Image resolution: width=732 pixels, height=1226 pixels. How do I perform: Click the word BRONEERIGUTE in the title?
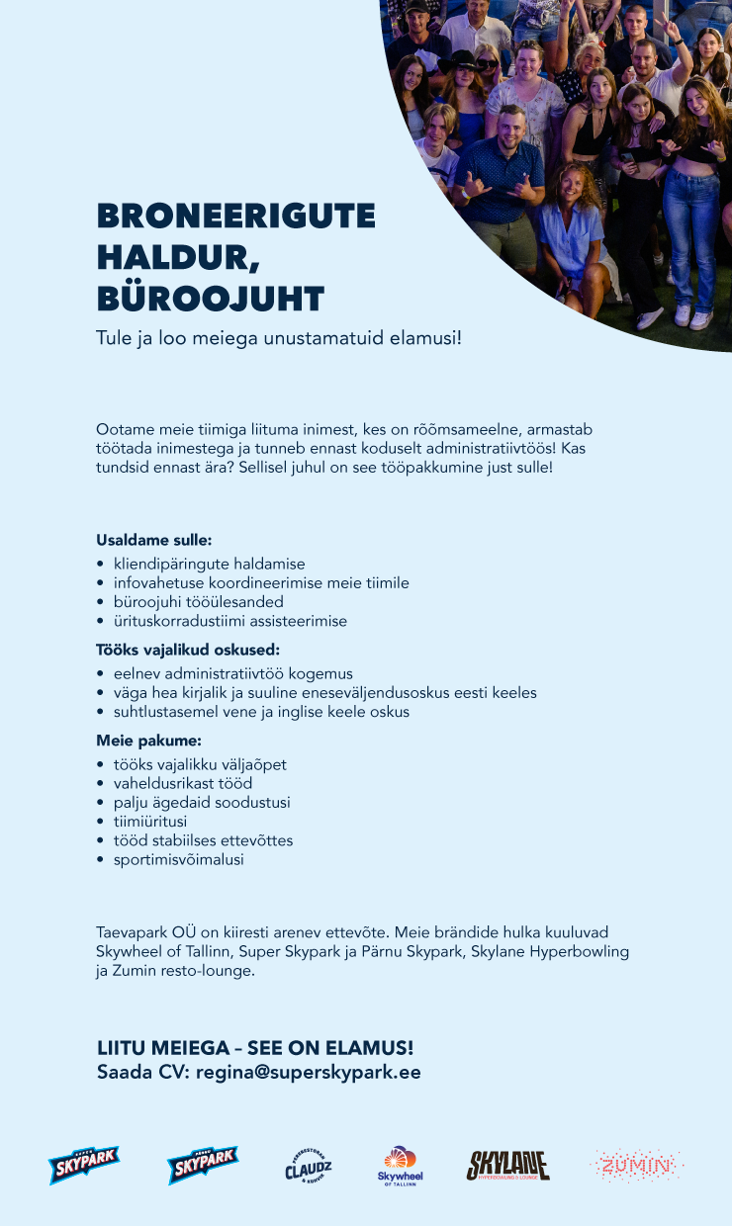click(235, 217)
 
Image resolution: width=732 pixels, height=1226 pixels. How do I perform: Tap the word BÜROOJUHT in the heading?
click(210, 298)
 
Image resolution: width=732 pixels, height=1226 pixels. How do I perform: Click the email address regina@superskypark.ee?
click(309, 1072)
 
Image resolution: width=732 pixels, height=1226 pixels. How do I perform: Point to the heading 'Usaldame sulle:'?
click(153, 541)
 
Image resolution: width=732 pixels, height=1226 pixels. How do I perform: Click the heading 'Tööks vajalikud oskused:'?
click(188, 651)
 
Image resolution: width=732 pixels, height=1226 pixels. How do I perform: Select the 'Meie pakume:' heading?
click(148, 741)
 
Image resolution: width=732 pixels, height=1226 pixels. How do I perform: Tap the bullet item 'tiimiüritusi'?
click(150, 821)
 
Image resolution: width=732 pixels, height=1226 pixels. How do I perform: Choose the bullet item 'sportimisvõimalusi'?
click(178, 859)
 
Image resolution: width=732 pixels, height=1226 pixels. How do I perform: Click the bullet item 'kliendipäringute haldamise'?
click(209, 564)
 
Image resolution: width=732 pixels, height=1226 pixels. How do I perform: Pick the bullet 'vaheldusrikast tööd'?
click(182, 783)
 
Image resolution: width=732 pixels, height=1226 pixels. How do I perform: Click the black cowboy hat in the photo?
click(461, 60)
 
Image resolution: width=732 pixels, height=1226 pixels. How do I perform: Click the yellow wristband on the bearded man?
click(464, 197)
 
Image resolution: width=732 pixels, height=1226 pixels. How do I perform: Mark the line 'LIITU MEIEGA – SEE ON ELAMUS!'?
click(255, 1047)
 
